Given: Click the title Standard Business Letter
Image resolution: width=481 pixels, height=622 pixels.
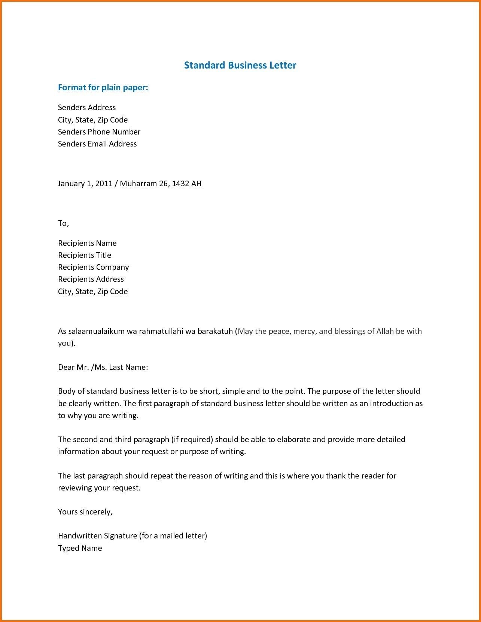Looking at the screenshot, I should coord(240,65).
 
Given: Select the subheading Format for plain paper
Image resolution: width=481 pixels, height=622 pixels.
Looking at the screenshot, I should coord(103,88).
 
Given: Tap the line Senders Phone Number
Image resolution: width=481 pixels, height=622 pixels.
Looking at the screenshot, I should coord(99,132).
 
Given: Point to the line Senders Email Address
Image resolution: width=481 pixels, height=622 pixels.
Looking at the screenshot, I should coord(97,144).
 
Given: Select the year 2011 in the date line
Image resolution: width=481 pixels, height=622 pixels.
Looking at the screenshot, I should coord(104,184).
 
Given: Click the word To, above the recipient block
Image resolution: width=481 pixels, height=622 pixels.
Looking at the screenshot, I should coord(63,223).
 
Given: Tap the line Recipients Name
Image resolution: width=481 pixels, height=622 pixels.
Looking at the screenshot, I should coord(87,243).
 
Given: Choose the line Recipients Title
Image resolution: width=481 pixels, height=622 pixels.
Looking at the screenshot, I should coord(85,255).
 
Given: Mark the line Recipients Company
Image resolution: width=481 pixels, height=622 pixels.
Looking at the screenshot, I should coord(93,267).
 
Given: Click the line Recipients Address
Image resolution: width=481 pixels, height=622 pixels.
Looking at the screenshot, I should coord(91,279).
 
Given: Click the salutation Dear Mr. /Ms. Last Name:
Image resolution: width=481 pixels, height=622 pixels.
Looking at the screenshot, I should coord(103,367).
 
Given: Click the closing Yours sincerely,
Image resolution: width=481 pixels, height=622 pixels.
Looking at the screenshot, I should coord(85,512).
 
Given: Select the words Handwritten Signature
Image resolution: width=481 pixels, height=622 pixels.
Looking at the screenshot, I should coord(97,536).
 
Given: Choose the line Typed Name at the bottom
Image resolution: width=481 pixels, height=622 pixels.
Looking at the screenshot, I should coord(80,548).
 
